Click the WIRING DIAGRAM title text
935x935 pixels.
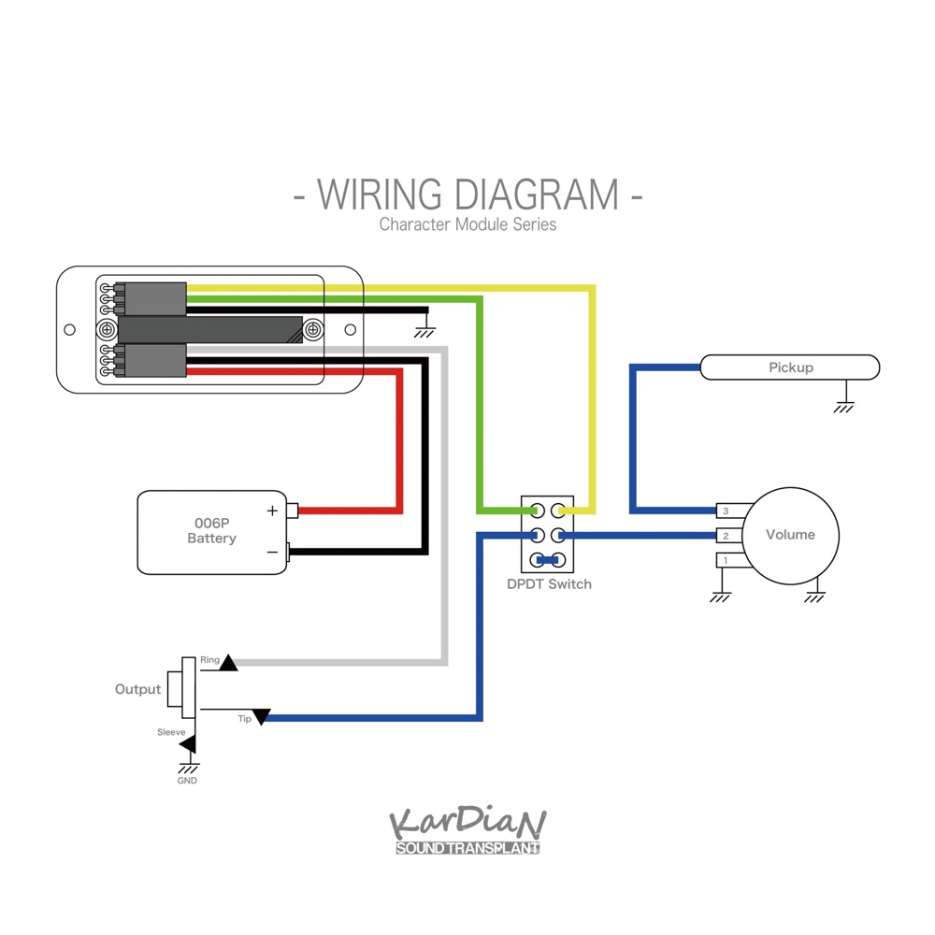467,194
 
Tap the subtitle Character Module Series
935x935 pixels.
467,224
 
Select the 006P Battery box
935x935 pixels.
211,531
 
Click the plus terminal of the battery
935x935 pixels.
293,511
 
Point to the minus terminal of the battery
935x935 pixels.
291,553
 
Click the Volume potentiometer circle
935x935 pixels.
791,535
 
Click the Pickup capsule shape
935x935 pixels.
790,367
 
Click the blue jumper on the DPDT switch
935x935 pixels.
548,561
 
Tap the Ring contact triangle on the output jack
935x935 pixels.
228,663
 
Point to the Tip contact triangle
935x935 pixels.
262,716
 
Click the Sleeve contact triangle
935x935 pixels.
190,744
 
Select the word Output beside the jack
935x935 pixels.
137,689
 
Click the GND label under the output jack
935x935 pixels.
187,781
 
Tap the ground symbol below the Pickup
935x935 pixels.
844,407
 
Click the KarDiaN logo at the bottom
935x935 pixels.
467,823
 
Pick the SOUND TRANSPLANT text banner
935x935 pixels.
467,849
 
